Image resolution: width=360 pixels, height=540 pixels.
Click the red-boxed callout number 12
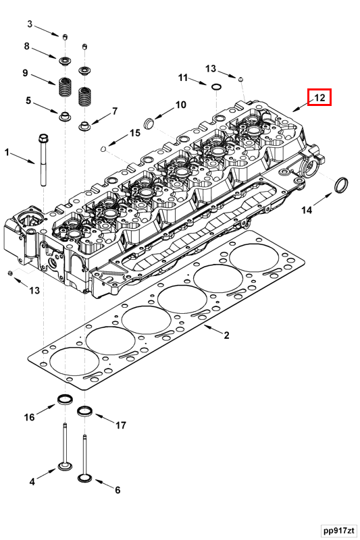tap(319, 99)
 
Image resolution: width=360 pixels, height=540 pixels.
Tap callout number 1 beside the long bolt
tap(9, 153)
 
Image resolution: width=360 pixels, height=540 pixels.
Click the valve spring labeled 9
tap(66, 87)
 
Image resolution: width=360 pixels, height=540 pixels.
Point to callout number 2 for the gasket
tap(226, 335)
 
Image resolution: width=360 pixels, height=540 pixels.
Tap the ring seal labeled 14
tap(343, 184)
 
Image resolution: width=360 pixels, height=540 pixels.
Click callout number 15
tap(135, 134)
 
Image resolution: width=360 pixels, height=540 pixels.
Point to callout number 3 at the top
tap(30, 24)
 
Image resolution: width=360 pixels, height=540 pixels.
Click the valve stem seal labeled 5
tap(66, 116)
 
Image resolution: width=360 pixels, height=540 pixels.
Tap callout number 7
tap(115, 111)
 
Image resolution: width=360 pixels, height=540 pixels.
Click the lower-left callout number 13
tap(34, 290)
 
